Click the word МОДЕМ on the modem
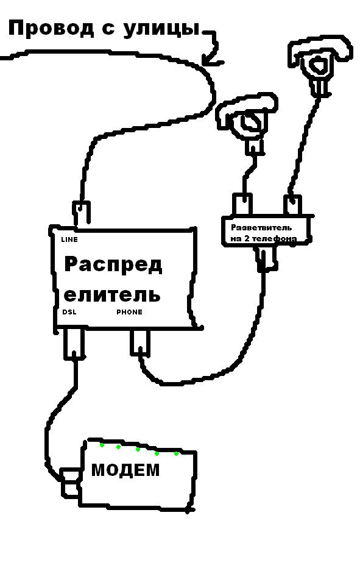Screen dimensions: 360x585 (x=125, y=470)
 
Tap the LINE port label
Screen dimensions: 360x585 (x=69, y=239)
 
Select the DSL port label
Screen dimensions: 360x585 (x=69, y=312)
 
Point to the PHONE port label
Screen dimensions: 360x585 (x=130, y=312)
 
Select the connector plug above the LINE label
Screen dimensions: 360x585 (x=82, y=214)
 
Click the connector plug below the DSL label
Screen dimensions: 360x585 (x=74, y=344)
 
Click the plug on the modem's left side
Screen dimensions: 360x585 (x=70, y=483)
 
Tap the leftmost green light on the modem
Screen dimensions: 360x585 (x=102, y=445)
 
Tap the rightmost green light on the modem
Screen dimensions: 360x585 (x=177, y=453)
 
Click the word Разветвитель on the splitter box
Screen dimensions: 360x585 (x=261, y=227)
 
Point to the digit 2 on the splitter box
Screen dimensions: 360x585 (x=247, y=238)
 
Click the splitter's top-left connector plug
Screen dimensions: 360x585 (x=242, y=204)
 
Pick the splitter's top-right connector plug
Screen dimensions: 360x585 (x=293, y=205)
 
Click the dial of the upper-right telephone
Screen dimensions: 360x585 (x=319, y=65)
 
